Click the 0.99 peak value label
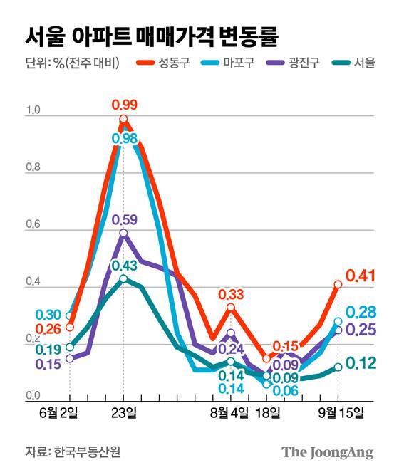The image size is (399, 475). click(125, 105)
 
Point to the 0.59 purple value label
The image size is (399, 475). click(125, 219)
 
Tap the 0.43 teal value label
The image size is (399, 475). click(125, 266)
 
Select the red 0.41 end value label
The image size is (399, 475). click(360, 276)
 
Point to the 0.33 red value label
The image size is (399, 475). click(231, 294)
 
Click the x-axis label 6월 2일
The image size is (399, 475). click(70, 413)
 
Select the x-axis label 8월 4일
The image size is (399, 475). click(229, 413)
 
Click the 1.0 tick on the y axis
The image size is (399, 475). click(33, 110)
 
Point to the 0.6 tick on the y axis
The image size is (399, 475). click(33, 225)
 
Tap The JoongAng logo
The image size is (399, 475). click(327, 451)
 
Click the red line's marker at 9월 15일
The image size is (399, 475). click(338, 284)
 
